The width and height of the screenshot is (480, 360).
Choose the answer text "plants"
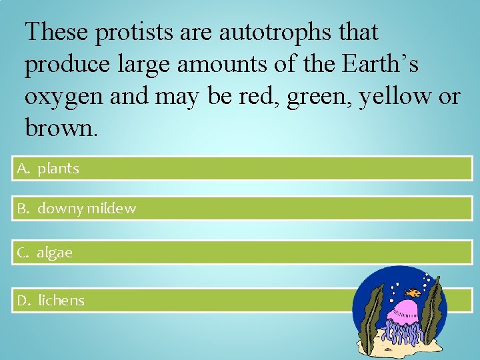(x=58, y=169)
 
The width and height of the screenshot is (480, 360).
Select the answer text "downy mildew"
(x=87, y=209)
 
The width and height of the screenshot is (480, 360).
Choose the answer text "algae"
(x=55, y=253)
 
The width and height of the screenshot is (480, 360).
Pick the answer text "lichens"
(x=61, y=301)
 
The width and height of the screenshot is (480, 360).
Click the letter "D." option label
(x=25, y=301)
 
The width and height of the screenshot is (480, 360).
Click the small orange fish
(x=415, y=292)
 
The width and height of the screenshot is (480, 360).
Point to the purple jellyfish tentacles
(x=404, y=333)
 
